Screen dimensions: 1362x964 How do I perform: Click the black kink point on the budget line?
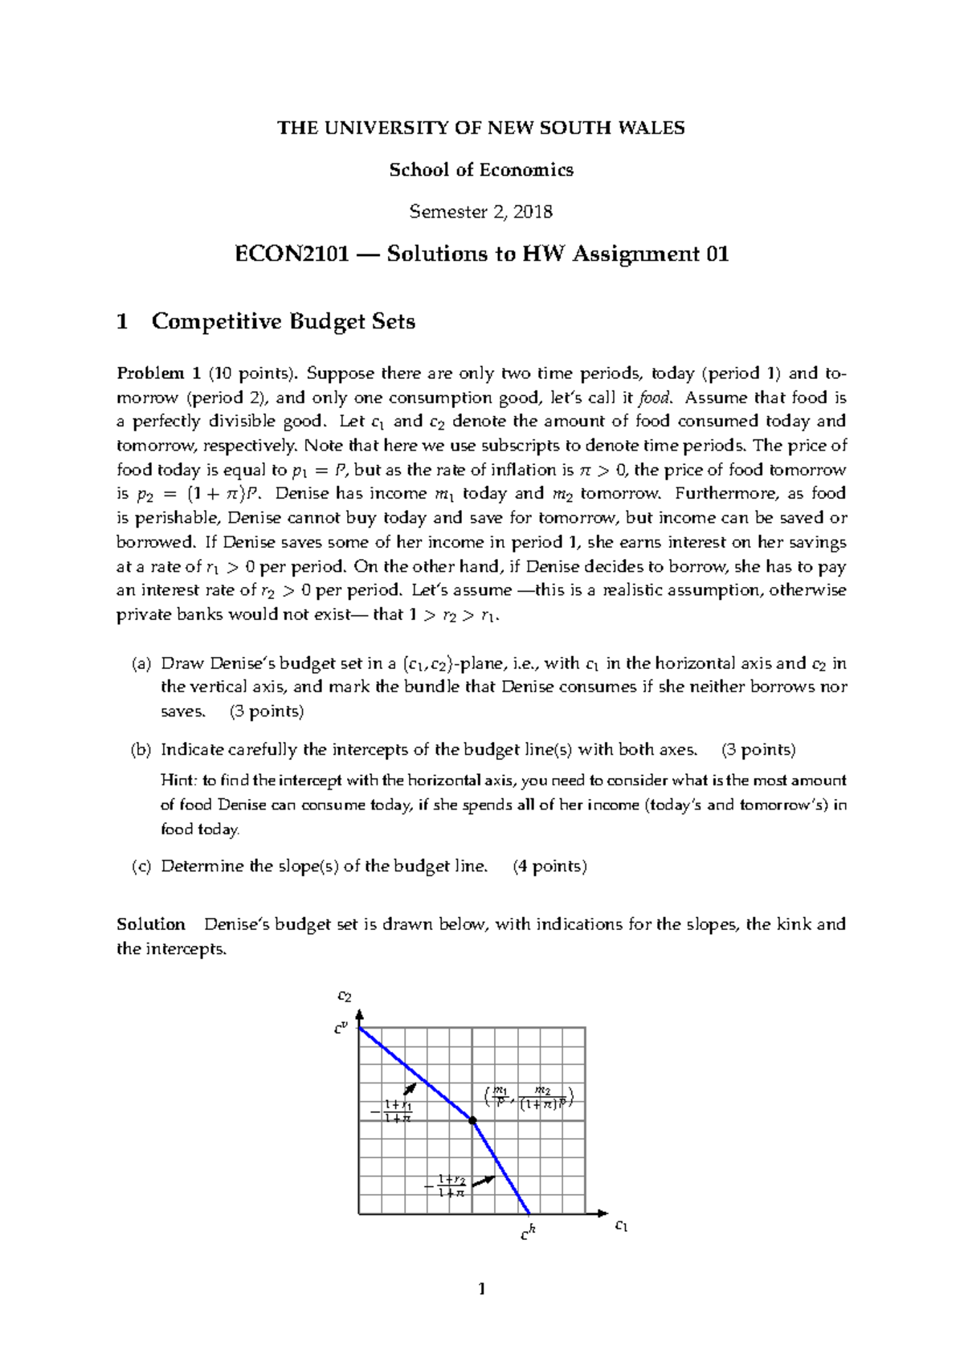[472, 1119]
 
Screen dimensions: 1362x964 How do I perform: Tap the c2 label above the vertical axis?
[344, 997]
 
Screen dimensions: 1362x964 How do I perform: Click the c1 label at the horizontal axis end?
[620, 1225]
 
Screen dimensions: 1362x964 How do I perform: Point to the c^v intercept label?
[341, 1028]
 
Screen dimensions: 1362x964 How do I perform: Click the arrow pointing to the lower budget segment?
[483, 1181]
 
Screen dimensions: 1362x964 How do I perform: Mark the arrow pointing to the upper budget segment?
[410, 1089]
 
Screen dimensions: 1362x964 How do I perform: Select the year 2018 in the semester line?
[533, 212]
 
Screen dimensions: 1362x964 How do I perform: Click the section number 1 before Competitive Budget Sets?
[122, 322]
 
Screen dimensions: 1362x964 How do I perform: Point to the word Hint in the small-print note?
[177, 781]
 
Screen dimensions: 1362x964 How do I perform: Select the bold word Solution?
[150, 924]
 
